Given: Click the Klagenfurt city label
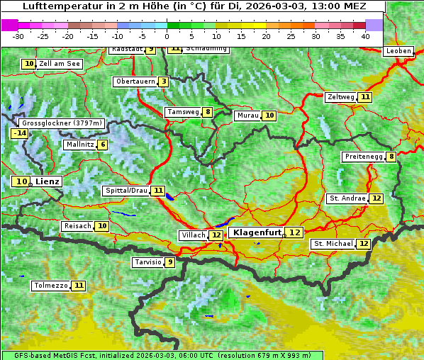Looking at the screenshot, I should [x=257, y=232].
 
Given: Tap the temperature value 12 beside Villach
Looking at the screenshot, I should [x=216, y=235].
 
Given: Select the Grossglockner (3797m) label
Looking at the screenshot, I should [x=62, y=123].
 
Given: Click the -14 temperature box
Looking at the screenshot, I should [x=19, y=133].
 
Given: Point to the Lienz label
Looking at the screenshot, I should [x=48, y=181].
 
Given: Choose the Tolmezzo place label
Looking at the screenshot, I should [x=51, y=286].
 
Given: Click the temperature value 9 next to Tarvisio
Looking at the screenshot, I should [x=169, y=262].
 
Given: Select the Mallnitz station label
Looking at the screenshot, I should [x=79, y=145].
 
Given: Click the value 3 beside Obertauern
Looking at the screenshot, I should [x=164, y=81].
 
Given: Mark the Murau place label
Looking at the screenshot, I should [x=247, y=116].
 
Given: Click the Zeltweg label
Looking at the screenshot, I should [x=340, y=97].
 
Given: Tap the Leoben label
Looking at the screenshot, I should [x=398, y=51].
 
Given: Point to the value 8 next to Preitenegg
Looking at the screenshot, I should [x=391, y=157].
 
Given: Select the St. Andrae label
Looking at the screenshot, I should [x=347, y=198].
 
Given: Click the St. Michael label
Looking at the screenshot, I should [x=333, y=244].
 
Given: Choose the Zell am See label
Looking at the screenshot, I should [x=60, y=64].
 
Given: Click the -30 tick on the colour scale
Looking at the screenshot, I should [x=18, y=36].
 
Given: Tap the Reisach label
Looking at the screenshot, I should [x=78, y=226].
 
